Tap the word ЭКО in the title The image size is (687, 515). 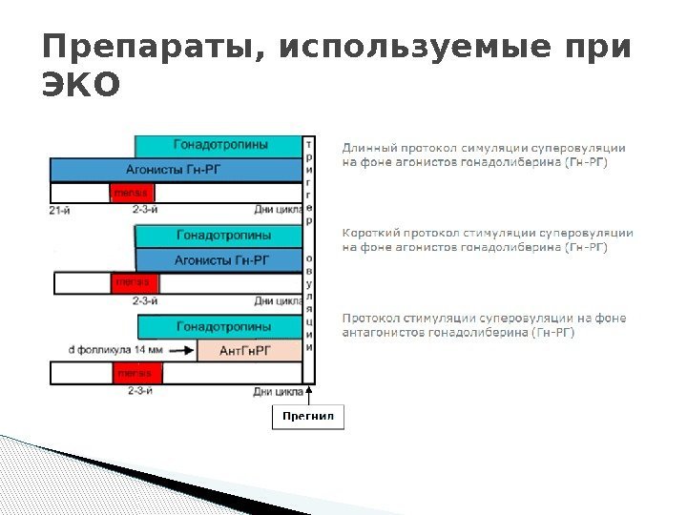pyautogui.click(x=82, y=86)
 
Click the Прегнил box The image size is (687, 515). pyautogui.click(x=308, y=418)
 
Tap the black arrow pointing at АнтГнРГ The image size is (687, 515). pyautogui.click(x=178, y=350)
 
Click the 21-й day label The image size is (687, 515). pyautogui.click(x=60, y=210)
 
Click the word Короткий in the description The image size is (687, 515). pyautogui.click(x=372, y=232)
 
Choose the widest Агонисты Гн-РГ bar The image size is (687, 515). pyautogui.click(x=176, y=170)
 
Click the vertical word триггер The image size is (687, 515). pyautogui.click(x=308, y=181)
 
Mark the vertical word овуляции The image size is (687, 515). pyautogui.click(x=308, y=303)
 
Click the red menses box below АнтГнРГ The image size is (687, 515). pyautogui.click(x=127, y=373)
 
